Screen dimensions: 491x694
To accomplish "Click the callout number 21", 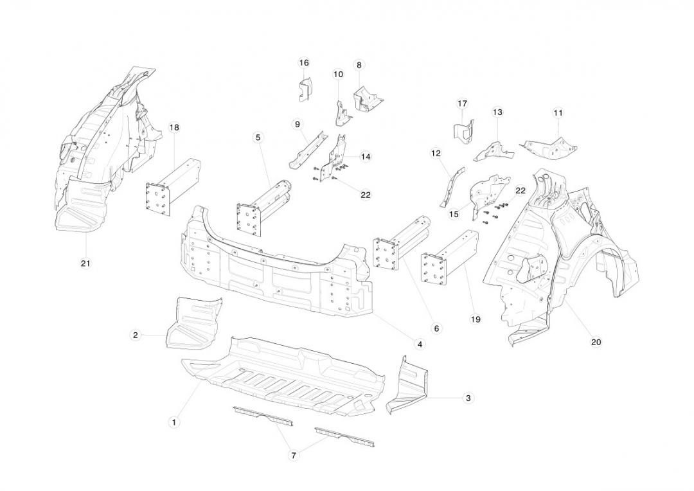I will point(85,263).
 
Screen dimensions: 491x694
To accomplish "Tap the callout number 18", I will point(173,127).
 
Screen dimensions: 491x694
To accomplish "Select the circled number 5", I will point(258,138).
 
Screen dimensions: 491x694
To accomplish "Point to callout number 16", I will point(304,62).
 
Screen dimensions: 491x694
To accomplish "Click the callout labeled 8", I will point(359,65).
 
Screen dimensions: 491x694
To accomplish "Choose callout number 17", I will point(462,103).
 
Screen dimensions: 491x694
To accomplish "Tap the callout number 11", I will point(558,112).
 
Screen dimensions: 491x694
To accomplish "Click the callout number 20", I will point(596,342).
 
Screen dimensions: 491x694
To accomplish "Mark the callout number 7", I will point(294,455).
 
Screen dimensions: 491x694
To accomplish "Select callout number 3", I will point(468,398).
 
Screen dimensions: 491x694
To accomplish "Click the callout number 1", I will point(173,422).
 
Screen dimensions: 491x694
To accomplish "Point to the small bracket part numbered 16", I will point(304,91).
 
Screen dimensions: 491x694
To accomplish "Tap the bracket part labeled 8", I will point(367,98).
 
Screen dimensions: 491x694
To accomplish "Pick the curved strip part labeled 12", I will point(452,186).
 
